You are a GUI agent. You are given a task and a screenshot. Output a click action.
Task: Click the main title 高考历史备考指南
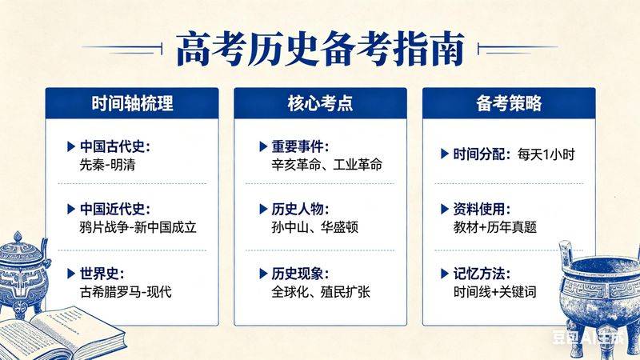(x=320, y=50)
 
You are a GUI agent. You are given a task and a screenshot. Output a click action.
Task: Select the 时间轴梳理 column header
(x=132, y=104)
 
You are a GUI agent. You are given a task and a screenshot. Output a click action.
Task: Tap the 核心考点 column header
(x=320, y=104)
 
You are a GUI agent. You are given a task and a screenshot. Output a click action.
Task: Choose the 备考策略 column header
(x=508, y=104)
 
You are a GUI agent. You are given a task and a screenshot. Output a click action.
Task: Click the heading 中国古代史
(x=114, y=147)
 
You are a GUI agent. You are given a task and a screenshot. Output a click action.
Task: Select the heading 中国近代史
(x=114, y=209)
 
